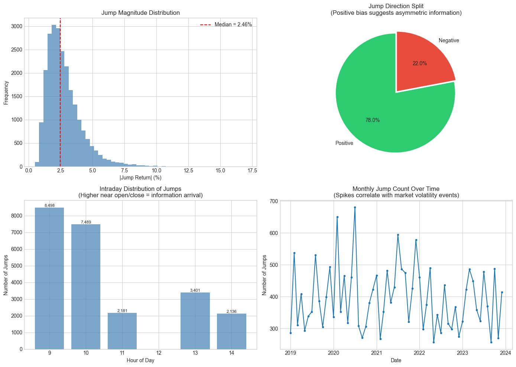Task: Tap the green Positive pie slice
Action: point(375,115)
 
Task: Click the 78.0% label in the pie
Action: point(372,120)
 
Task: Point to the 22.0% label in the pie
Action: point(419,63)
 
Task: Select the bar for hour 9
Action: point(49,278)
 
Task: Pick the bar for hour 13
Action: point(195,321)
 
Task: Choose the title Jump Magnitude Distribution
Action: point(140,13)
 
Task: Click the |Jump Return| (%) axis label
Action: point(140,178)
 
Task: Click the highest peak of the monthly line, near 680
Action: point(355,208)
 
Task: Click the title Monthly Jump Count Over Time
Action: point(396,189)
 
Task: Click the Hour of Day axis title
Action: point(140,360)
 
